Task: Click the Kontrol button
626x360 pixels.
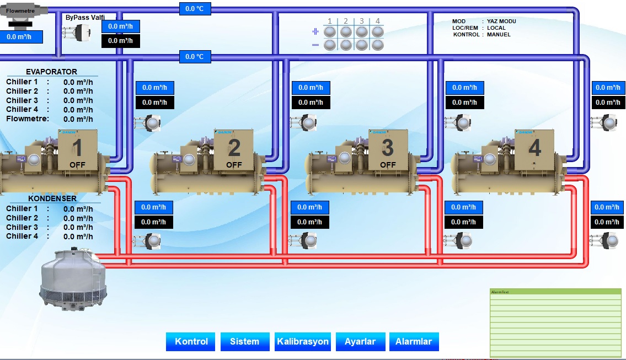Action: [x=191, y=341]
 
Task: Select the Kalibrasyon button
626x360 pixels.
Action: [x=303, y=341]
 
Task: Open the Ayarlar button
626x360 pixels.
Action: [x=360, y=341]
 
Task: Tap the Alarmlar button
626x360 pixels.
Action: [x=414, y=341]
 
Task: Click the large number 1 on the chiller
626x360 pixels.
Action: [x=77, y=148]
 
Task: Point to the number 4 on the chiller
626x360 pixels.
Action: [x=534, y=148]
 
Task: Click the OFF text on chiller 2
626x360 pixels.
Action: [x=234, y=165]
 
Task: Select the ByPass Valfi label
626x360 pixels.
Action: [x=85, y=18]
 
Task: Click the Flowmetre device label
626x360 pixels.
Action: [x=21, y=10]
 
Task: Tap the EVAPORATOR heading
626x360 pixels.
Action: [x=51, y=72]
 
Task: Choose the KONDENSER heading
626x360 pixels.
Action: [x=52, y=198]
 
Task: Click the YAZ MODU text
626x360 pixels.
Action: [x=501, y=21]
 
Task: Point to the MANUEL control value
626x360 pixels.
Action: [x=499, y=34]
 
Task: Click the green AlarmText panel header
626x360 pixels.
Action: [x=555, y=292]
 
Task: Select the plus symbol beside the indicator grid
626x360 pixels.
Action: [x=315, y=32]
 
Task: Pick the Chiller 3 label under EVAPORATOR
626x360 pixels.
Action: [x=22, y=100]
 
